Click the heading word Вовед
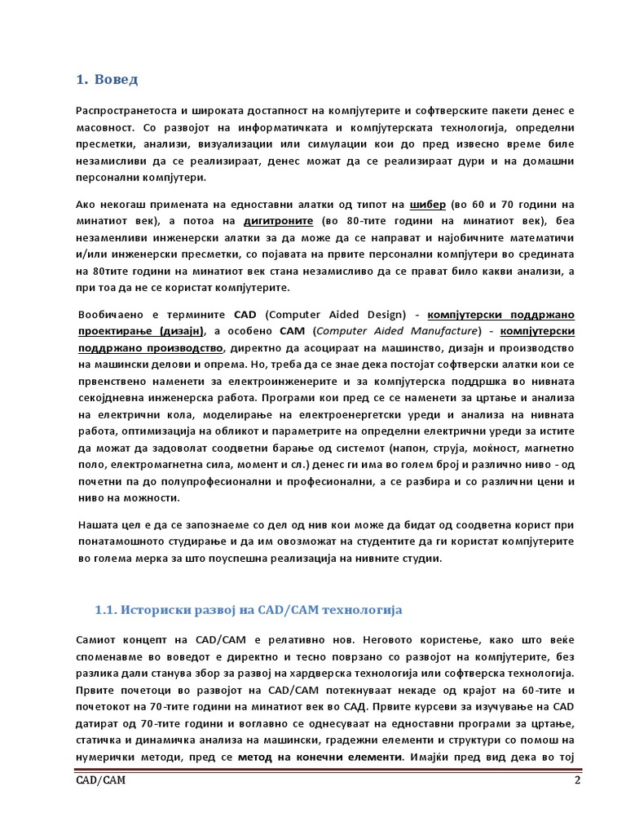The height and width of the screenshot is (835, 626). pos(117,79)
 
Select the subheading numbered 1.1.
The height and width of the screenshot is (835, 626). pos(248,610)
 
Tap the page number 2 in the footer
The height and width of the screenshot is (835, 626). pos(577,781)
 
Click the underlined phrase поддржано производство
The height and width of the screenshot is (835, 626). pos(152,347)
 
